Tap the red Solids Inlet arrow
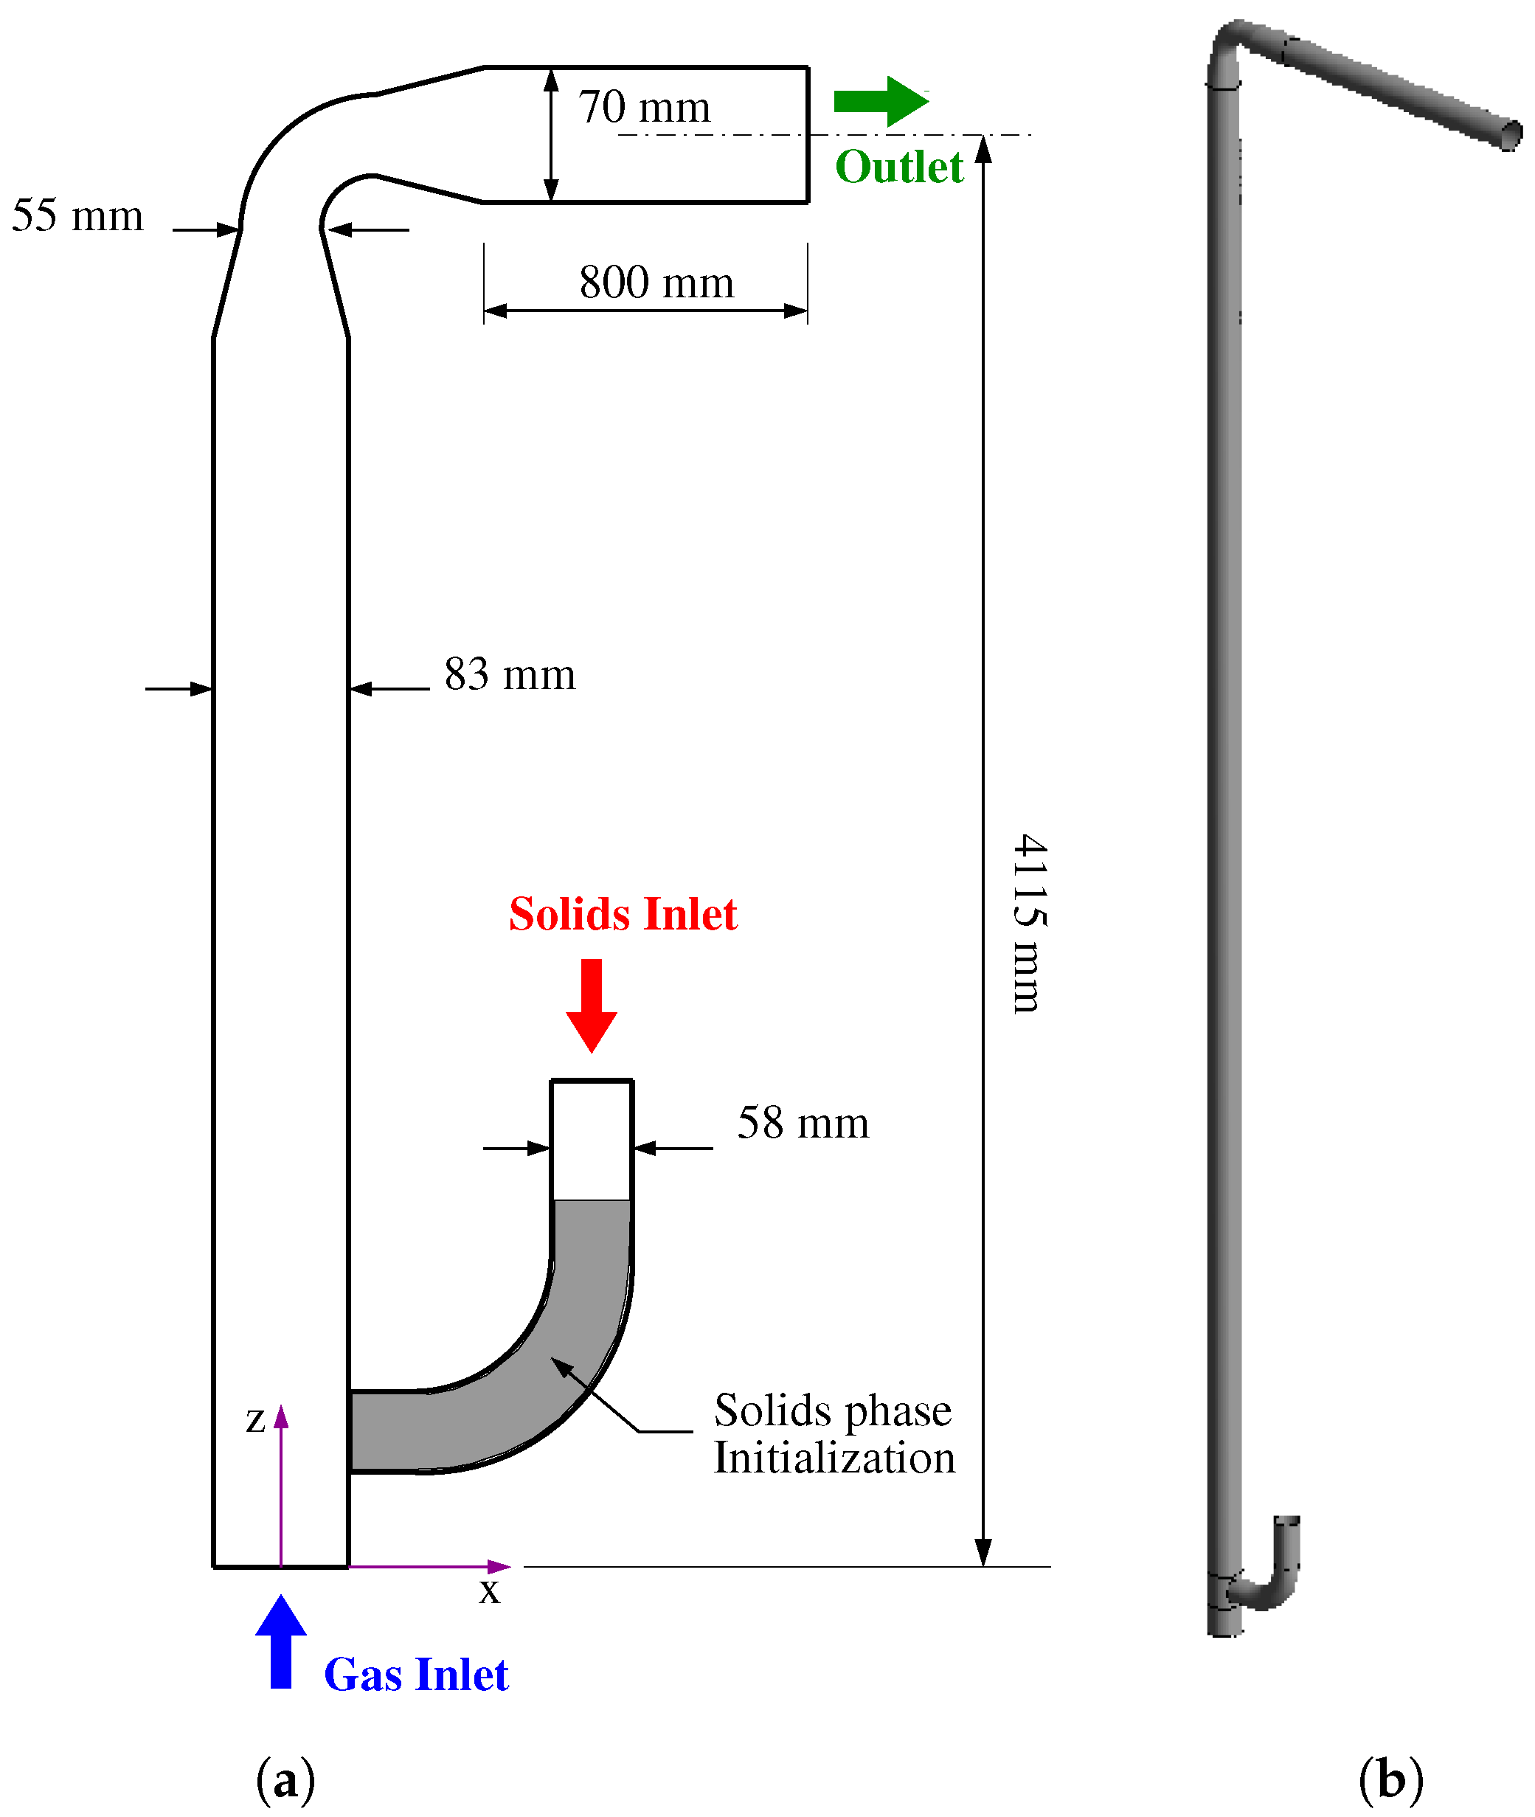[591, 1005]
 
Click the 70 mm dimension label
[644, 107]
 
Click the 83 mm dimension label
[510, 674]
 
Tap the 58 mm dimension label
[803, 1123]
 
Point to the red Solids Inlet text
[623, 915]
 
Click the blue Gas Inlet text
[416, 1675]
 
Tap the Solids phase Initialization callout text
[834, 1434]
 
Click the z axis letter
[255, 1420]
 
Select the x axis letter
[490, 1591]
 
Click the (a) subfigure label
[285, 1779]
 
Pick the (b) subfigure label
[1390, 1779]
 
